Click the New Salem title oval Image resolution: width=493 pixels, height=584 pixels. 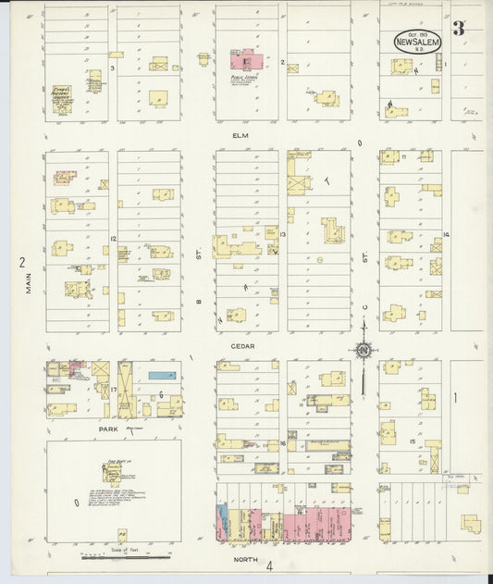point(418,41)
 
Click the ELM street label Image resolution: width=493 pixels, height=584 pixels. point(241,135)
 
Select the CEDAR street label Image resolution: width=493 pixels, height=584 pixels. point(243,346)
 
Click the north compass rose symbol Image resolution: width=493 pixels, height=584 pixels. point(364,350)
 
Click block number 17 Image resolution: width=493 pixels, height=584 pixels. point(114,389)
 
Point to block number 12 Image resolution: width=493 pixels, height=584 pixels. point(113,240)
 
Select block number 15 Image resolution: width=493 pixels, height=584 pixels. point(412,441)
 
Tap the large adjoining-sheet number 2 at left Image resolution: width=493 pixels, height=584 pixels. point(21,262)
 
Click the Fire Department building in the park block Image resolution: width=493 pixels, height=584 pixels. point(114,475)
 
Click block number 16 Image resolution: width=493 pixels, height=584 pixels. point(280,444)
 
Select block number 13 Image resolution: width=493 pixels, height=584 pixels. point(283,235)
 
